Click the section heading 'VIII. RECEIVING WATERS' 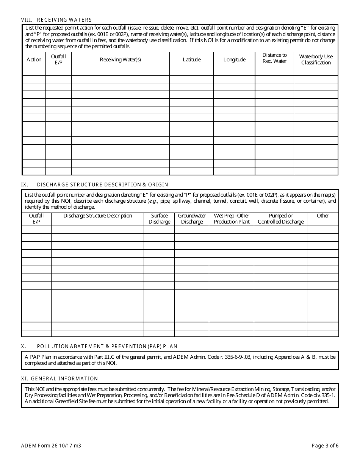click(x=56, y=20)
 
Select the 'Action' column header click(x=34, y=59)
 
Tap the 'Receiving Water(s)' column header click(x=121, y=59)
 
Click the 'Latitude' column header click(x=191, y=59)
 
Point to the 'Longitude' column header click(x=234, y=59)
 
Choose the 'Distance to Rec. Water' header click(x=274, y=58)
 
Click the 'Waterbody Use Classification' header click(x=316, y=59)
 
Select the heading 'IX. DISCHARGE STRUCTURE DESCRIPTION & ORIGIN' click(x=95, y=185)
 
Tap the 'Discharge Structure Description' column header click(x=98, y=216)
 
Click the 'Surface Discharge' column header click(x=159, y=219)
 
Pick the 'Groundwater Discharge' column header click(x=192, y=219)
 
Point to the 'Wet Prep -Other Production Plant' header click(x=232, y=219)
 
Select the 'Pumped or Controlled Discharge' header click(x=280, y=219)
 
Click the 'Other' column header click(x=323, y=216)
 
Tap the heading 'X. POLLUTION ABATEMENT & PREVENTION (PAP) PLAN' click(x=99, y=346)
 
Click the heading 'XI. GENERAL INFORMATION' click(x=59, y=378)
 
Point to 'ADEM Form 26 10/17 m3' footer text click(x=51, y=446)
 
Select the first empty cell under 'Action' click(x=34, y=72)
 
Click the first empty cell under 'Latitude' click(x=191, y=72)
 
